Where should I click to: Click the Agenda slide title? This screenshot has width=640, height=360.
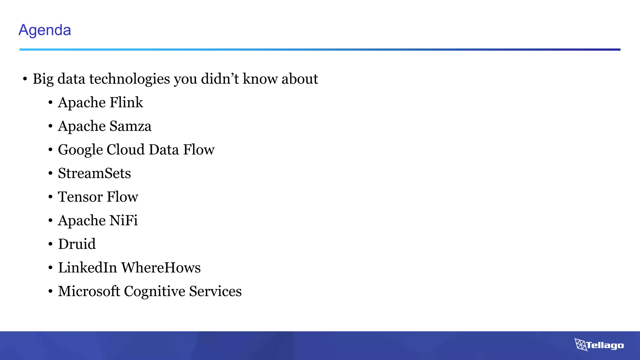point(45,30)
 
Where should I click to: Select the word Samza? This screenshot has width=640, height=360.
point(130,126)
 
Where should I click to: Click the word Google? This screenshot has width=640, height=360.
point(80,150)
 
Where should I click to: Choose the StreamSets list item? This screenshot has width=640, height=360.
point(94,173)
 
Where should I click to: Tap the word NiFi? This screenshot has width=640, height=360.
point(123,220)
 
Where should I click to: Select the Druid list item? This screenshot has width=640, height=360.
point(77,244)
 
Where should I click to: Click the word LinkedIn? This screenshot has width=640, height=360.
point(87,268)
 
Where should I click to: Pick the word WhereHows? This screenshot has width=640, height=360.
point(161,268)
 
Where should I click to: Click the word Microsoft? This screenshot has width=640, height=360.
point(89,291)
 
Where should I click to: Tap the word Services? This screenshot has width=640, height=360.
point(215,291)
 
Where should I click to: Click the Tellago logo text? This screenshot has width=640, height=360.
point(605,345)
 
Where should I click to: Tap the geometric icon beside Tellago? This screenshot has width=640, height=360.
point(580,344)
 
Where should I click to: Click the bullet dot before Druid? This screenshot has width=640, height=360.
point(50,244)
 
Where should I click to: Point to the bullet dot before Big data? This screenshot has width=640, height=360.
point(25,79)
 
